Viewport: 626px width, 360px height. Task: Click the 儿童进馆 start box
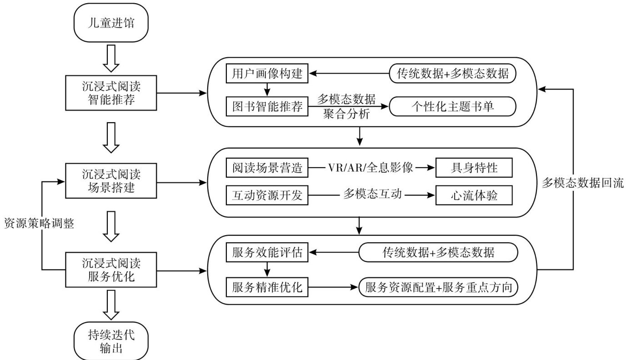(111, 23)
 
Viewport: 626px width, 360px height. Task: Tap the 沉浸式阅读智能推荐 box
(111, 93)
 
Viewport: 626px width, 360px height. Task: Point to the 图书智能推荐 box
(267, 108)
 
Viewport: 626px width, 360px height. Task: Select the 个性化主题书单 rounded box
(453, 108)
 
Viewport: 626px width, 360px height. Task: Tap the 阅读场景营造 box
(267, 168)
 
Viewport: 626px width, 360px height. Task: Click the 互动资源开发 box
(267, 196)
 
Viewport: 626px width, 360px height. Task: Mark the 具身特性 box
(474, 168)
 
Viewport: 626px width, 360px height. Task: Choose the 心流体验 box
(474, 196)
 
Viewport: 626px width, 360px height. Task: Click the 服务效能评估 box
(267, 253)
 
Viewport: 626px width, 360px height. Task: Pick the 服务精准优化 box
(267, 287)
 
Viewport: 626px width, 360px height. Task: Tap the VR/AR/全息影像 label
(371, 168)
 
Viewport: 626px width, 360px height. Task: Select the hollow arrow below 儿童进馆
(111, 58)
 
